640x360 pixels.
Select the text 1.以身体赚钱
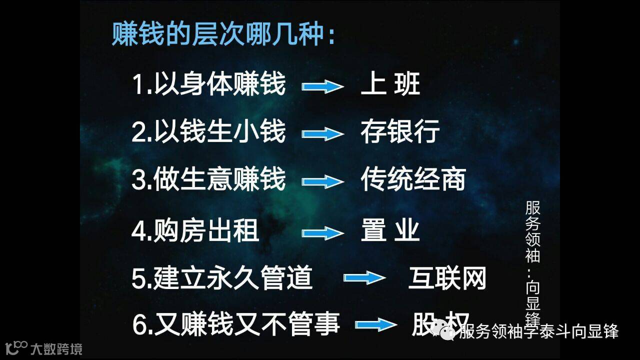(208, 84)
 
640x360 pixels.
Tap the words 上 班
(390, 84)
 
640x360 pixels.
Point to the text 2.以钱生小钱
(208, 131)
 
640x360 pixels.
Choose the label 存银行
(400, 131)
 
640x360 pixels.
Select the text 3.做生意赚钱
(208, 179)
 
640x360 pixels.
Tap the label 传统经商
(413, 179)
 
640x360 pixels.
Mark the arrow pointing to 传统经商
(322, 181)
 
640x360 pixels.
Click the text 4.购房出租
(195, 230)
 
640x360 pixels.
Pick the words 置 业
(390, 230)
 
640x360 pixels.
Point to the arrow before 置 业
(322, 233)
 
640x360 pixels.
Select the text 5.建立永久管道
(222, 278)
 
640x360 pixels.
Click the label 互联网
(447, 278)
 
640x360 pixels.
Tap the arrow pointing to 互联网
(364, 278)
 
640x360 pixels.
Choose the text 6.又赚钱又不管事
(236, 324)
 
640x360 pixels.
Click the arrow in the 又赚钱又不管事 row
(376, 325)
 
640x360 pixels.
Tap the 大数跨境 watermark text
(56, 348)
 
